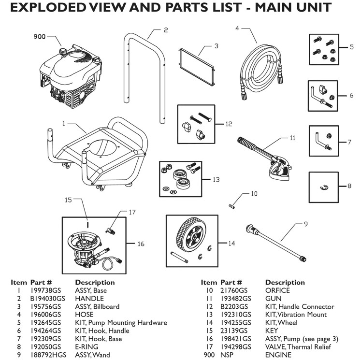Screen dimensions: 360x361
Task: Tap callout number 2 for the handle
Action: tap(165, 30)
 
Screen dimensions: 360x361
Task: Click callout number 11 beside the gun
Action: tap(292, 138)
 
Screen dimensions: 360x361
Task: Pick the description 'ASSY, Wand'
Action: tap(91, 355)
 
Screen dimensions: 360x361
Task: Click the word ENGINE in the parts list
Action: tap(278, 355)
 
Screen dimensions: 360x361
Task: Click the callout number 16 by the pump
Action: tap(141, 244)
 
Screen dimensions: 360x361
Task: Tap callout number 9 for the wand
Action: tap(305, 224)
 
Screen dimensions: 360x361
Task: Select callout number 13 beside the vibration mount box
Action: tap(216, 179)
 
